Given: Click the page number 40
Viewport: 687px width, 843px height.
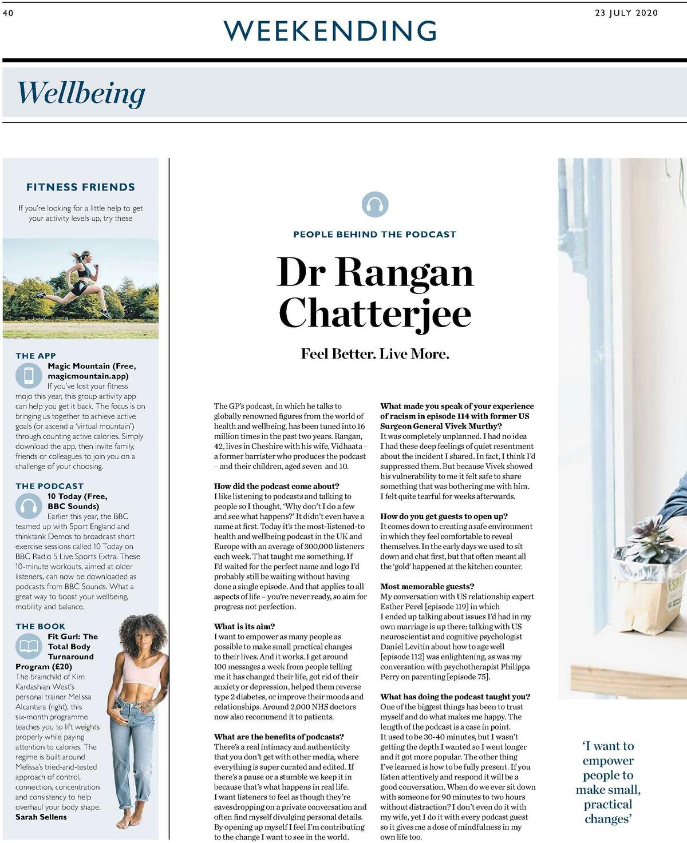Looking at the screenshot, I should click(x=8, y=13).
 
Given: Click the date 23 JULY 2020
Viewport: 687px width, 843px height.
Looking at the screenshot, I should click(x=626, y=13).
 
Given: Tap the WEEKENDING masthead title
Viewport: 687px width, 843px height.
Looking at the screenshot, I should click(x=331, y=31).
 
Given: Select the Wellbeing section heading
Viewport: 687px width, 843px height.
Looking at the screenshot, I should click(x=81, y=93).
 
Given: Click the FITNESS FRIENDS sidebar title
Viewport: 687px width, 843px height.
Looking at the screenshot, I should click(x=81, y=187).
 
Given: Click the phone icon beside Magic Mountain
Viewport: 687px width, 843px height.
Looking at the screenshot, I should click(x=29, y=376).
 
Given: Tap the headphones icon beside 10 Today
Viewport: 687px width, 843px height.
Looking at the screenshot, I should click(x=29, y=506).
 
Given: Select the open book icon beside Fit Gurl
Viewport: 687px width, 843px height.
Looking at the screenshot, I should click(x=29, y=646).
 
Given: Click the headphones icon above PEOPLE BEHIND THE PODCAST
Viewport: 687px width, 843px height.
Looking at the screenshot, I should click(x=375, y=204).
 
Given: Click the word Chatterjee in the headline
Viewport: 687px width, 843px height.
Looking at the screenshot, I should click(x=375, y=313).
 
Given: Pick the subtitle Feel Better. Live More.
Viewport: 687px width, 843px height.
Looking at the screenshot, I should click(x=375, y=354).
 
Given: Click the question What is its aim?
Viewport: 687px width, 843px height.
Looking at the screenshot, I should click(x=244, y=626).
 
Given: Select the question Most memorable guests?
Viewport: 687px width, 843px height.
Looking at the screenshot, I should click(x=427, y=586).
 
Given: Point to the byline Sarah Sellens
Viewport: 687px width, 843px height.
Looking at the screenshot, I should click(x=41, y=817).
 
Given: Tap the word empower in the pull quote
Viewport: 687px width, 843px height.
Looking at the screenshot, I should click(x=608, y=761).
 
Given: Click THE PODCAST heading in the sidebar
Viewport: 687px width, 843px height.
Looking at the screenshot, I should click(x=49, y=486).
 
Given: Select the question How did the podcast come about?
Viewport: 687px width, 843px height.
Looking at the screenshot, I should click(x=277, y=486).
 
